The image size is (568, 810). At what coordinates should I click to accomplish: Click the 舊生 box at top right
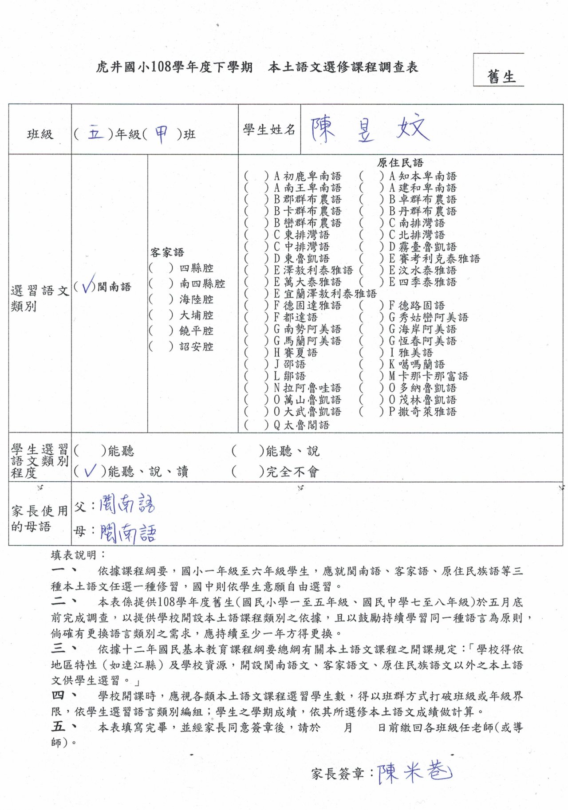click(501, 76)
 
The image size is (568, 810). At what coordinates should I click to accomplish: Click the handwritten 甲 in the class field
click(161, 133)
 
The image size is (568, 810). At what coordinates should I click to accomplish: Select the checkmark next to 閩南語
click(88, 284)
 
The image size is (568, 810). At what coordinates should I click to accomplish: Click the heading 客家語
click(167, 252)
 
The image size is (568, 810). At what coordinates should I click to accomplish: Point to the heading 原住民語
click(400, 163)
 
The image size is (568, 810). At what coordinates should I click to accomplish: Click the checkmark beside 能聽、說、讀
click(89, 470)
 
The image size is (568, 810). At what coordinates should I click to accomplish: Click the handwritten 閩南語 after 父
click(127, 504)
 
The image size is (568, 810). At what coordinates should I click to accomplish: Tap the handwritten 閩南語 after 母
click(128, 532)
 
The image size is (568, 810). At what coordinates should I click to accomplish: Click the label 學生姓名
click(269, 130)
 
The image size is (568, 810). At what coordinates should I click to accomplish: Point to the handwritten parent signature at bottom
click(414, 772)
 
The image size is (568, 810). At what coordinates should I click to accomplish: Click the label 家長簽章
click(338, 774)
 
